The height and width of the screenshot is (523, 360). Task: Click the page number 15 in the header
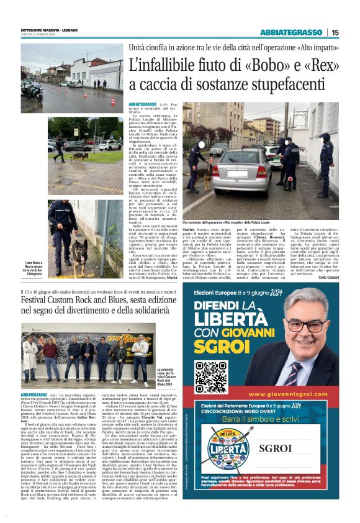(335, 33)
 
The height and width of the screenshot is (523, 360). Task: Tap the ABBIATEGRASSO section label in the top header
(292, 33)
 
